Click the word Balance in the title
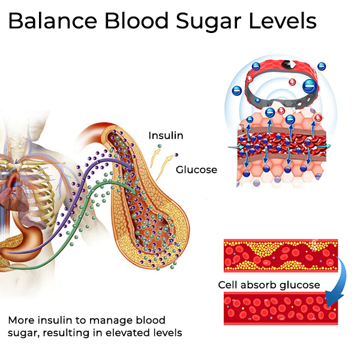pyautogui.click(x=53, y=20)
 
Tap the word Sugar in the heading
pyautogui.click(x=208, y=22)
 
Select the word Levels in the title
pyautogui.click(x=283, y=20)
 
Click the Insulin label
pyautogui.click(x=166, y=136)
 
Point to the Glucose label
pyautogui.click(x=196, y=170)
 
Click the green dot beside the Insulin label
pyautogui.click(x=160, y=146)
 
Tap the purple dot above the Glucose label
pyautogui.click(x=176, y=155)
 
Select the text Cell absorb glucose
pyautogui.click(x=269, y=285)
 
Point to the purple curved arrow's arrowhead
pyautogui.click(x=130, y=167)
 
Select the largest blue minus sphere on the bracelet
pyautogui.click(x=310, y=86)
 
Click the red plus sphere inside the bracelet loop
pyautogui.click(x=292, y=82)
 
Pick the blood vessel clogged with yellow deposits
pyautogui.click(x=281, y=256)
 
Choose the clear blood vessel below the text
pyautogui.click(x=281, y=308)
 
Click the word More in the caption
pyautogui.click(x=22, y=320)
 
